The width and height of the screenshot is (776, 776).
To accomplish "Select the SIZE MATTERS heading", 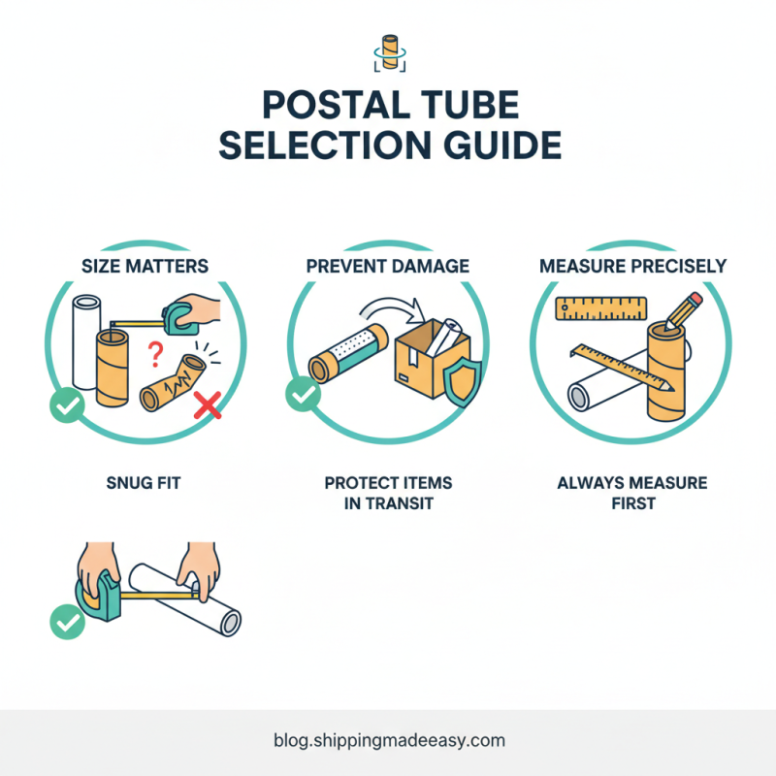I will (x=145, y=265).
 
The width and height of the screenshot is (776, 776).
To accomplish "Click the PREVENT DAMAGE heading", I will (x=388, y=265).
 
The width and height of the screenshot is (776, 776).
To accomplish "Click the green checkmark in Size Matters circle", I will (x=66, y=407).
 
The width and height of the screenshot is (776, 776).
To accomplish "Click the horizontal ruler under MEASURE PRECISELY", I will (x=601, y=309).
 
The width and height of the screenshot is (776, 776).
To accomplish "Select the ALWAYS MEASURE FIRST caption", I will (x=631, y=493).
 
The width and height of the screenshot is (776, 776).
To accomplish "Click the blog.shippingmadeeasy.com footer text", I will (x=388, y=740).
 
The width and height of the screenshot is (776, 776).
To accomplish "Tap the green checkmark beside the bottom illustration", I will (x=66, y=621).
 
